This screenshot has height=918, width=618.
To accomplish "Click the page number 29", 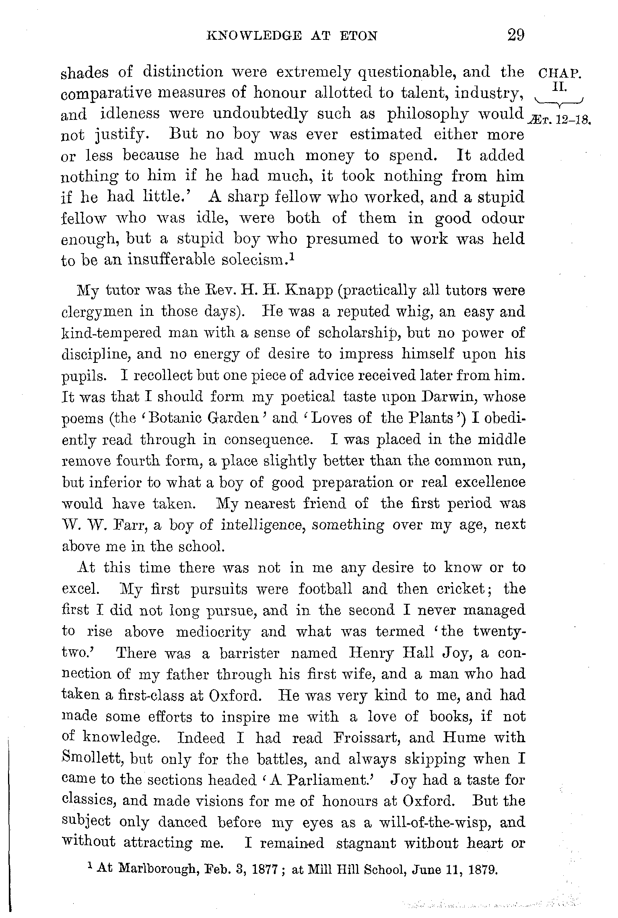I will click(516, 35).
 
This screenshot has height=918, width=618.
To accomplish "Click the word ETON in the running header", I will click(358, 37).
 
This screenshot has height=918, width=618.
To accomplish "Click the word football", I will click(325, 589).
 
